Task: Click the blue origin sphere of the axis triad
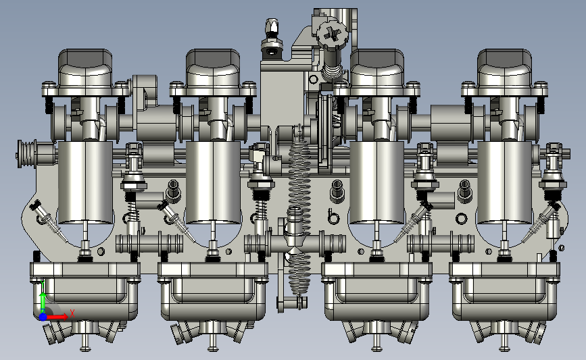[x=43, y=317]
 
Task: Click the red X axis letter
[x=72, y=313]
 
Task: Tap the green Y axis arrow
[x=43, y=298]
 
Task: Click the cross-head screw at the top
[x=331, y=34]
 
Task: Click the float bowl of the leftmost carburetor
[x=85, y=290]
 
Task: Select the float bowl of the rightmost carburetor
[x=504, y=290]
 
